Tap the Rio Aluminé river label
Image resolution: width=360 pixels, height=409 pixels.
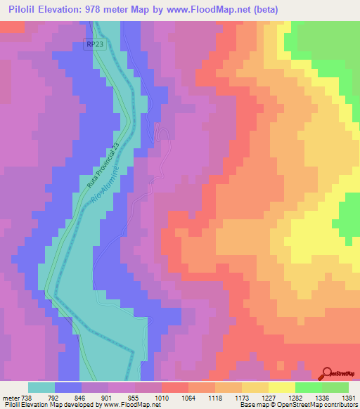tap(106, 181)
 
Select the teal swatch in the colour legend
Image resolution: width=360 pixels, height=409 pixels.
tap(41, 387)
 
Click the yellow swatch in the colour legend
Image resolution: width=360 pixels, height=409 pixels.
tap(281, 387)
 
